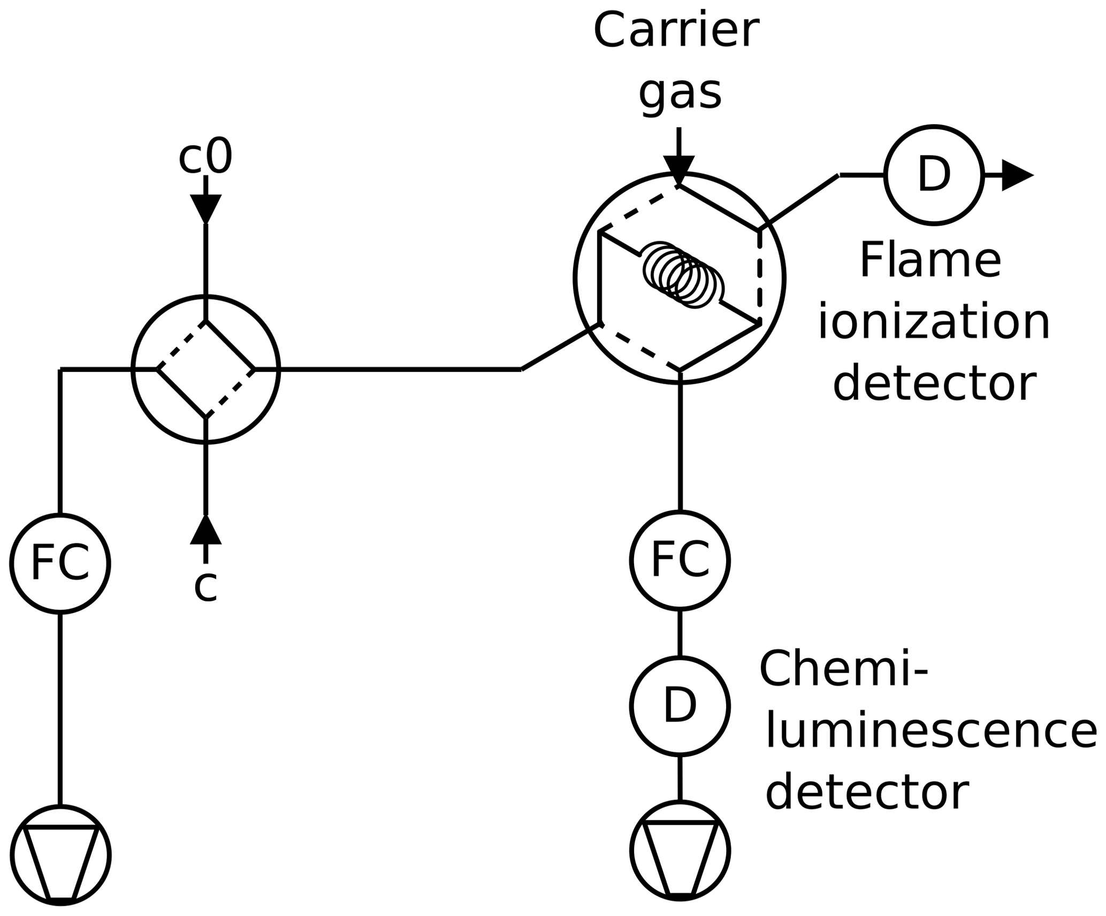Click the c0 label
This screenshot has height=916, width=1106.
[205, 157]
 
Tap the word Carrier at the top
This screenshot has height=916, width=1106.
[676, 31]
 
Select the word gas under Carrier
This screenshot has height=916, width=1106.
[680, 94]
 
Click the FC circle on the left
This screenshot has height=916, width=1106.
[60, 563]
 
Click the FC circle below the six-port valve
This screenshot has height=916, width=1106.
[680, 560]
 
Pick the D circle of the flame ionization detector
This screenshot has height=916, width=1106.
[934, 175]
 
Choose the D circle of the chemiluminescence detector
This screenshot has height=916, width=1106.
[680, 706]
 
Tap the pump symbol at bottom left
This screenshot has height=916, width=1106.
[60, 854]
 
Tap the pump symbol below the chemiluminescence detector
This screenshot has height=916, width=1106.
[680, 850]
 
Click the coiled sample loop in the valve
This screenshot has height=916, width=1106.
[683, 274]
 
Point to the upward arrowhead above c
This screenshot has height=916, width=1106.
[205, 531]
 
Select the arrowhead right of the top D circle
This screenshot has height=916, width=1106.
[1016, 175]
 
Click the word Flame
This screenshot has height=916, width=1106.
[930, 261]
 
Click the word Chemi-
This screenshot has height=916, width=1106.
[843, 669]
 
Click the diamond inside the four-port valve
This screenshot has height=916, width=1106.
[205, 369]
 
